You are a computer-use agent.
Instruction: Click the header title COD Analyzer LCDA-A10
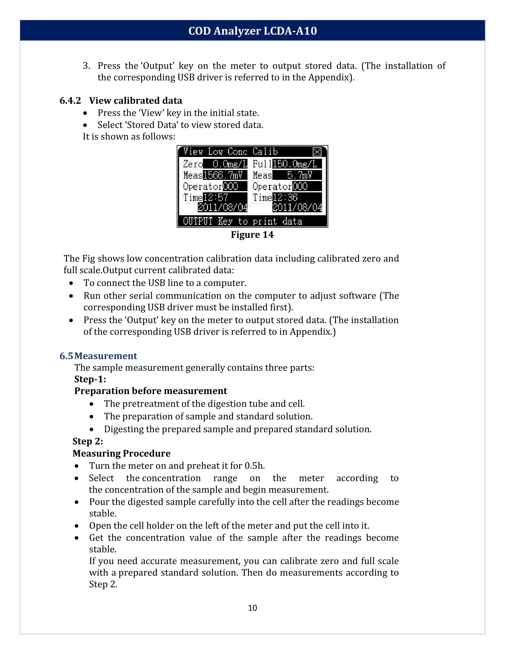pos(252,31)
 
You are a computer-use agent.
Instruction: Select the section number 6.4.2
pos(70,100)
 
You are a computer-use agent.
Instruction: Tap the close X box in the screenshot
pos(317,152)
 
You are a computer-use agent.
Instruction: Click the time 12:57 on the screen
pos(216,198)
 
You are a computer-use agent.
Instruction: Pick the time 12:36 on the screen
pos(285,198)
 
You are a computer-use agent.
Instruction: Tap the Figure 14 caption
pos(252,235)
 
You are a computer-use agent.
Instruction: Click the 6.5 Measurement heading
pos(98,356)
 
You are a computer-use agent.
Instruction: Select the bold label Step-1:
pos(90,379)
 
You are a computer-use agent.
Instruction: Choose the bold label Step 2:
pos(88,441)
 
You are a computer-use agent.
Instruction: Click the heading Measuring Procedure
pos(121,453)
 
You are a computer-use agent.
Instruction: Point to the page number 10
pos(252,608)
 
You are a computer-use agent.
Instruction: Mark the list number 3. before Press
pos(86,66)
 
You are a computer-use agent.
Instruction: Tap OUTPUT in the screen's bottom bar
pos(198,221)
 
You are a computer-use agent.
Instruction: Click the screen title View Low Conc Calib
pos(230,152)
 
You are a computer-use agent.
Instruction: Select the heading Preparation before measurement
pos(151,391)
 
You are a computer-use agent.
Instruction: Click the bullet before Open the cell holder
pos(77,526)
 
